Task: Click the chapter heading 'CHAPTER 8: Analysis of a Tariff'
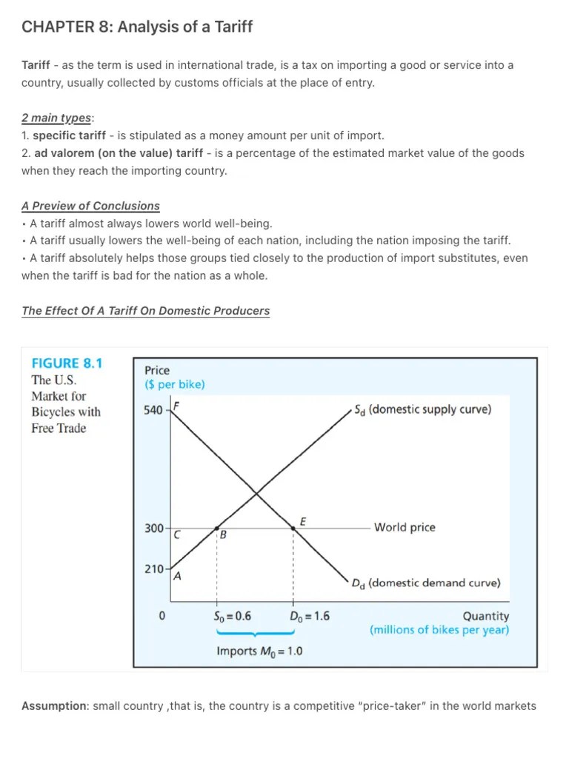click(137, 27)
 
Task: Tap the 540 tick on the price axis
click(154, 410)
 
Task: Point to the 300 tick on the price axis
click(154, 529)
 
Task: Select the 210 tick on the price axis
click(154, 569)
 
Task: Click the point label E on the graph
click(302, 521)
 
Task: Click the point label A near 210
click(177, 577)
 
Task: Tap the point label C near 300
click(176, 534)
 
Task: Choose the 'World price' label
click(405, 528)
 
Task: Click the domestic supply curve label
click(422, 409)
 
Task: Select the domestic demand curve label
click(427, 583)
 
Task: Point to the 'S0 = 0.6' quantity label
click(232, 616)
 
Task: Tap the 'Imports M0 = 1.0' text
click(259, 651)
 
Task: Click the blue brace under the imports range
click(256, 634)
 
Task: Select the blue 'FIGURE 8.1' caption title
click(67, 363)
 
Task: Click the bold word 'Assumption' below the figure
click(55, 706)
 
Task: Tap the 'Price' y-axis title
click(157, 370)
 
